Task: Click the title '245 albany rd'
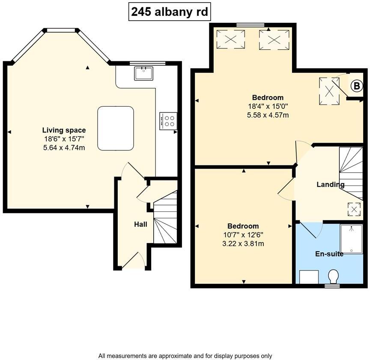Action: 170,12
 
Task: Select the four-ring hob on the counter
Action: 168,120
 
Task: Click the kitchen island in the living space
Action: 116,129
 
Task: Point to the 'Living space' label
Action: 64,130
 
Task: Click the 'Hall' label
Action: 140,224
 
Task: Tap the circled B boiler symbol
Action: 356,86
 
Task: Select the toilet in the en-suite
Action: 333,275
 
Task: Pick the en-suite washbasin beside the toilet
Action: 308,277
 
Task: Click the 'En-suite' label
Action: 329,254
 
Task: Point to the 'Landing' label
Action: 330,185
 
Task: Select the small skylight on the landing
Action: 354,209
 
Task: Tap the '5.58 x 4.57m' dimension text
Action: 268,115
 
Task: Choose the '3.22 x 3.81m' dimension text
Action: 243,243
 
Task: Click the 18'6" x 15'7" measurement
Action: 64,139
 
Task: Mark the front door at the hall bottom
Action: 134,261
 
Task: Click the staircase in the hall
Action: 165,219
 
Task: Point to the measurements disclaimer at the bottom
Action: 185,355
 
